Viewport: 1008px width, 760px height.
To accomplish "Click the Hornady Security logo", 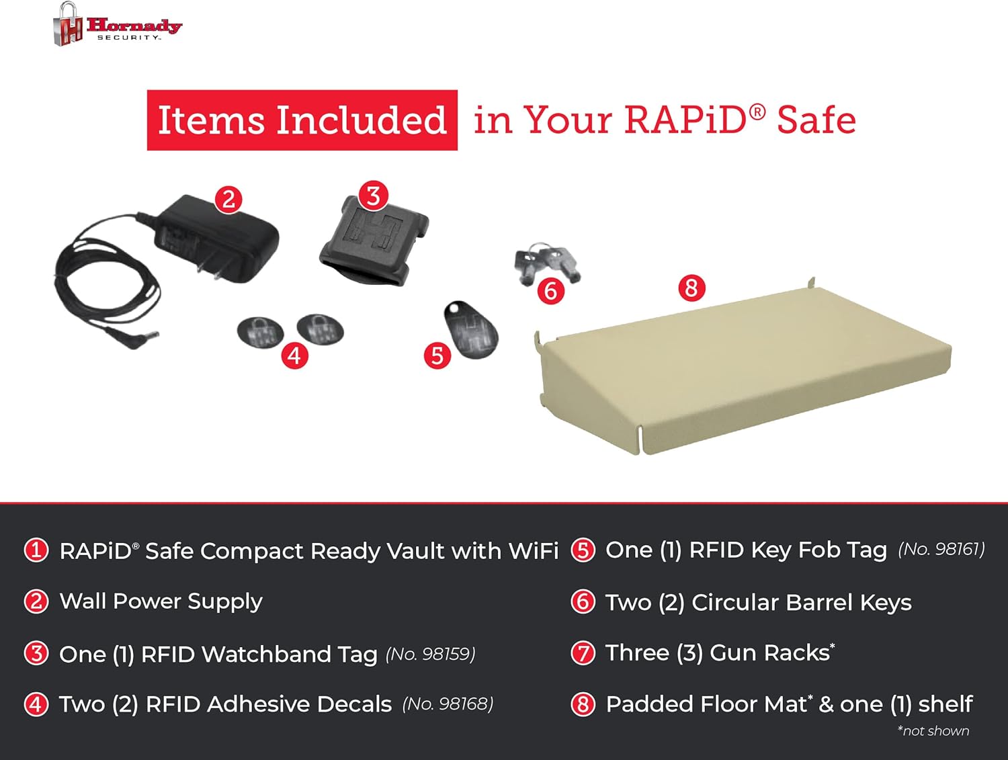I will [x=118, y=25].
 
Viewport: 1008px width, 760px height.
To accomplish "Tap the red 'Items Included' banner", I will [x=302, y=120].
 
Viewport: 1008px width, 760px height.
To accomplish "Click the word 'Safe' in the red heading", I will [x=816, y=120].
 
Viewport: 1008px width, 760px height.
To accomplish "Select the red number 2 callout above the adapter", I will [x=228, y=199].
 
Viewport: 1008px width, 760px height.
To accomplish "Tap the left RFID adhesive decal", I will [x=260, y=331].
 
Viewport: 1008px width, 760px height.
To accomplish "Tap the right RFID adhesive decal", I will [x=321, y=329].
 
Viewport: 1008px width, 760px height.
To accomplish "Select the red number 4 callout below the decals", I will [x=294, y=355].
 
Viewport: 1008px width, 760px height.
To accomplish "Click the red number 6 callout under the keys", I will [x=551, y=291].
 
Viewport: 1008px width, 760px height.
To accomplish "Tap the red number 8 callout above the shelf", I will [x=691, y=288].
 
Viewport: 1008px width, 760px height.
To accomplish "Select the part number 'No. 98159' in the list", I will [x=430, y=654].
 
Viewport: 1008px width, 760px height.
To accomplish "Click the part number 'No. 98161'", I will [x=941, y=550].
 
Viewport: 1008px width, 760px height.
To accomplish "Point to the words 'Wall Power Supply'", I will [x=161, y=601].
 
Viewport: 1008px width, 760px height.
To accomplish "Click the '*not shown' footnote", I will [x=933, y=731].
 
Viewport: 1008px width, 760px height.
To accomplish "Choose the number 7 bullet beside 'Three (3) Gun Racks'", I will [x=583, y=652].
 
